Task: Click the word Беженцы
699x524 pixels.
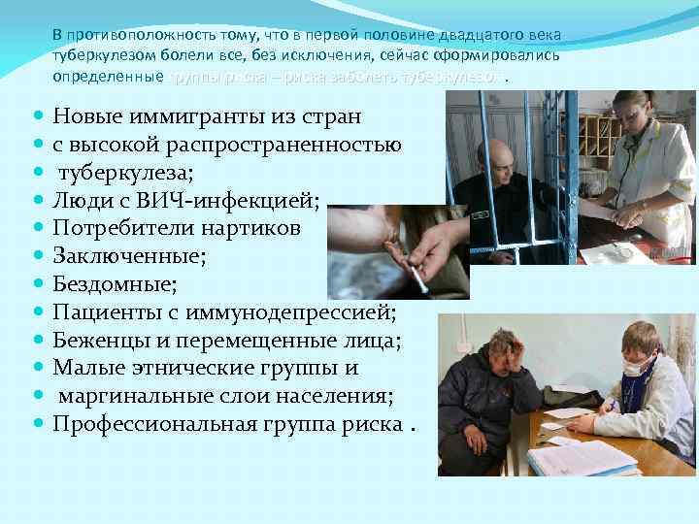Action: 97,341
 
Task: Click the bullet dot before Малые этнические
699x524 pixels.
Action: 37,369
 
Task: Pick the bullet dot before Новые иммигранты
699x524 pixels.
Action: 37,116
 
